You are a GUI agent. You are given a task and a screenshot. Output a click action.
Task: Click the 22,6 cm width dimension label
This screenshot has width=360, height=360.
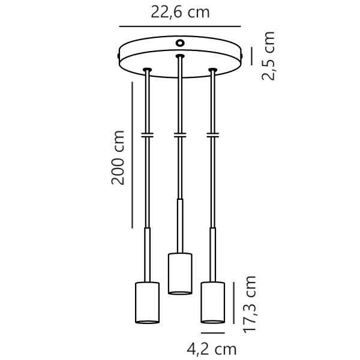(180, 12)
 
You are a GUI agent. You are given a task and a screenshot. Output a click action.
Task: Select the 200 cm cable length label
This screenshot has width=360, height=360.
(118, 157)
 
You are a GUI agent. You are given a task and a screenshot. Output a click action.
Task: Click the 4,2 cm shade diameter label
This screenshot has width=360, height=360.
(212, 349)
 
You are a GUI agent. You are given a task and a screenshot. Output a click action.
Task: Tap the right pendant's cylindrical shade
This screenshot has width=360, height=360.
(212, 304)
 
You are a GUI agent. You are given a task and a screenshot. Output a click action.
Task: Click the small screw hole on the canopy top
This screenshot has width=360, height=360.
(180, 43)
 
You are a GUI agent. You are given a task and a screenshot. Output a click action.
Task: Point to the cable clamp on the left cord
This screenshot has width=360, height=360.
(147, 134)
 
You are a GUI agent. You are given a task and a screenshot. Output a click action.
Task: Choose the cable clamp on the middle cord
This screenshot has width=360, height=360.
(179, 134)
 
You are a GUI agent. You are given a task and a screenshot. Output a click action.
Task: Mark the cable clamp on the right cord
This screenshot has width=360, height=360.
(212, 134)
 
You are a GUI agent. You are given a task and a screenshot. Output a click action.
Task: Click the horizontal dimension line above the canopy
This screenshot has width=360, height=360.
(180, 27)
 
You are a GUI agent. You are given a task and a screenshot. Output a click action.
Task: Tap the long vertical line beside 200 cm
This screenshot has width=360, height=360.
(132, 155)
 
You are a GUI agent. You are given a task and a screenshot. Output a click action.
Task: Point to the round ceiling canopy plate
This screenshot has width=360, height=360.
(180, 59)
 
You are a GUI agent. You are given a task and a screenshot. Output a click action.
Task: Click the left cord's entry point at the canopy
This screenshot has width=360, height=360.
(147, 71)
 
